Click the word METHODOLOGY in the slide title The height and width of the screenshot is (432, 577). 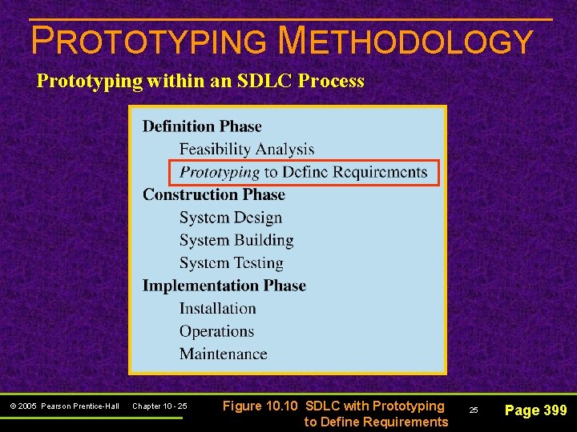coord(405,41)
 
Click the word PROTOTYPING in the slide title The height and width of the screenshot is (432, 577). coord(148,41)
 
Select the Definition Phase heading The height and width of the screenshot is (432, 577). coord(202,126)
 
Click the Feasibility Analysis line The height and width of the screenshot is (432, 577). coord(246,150)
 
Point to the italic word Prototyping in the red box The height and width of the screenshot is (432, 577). coord(220,172)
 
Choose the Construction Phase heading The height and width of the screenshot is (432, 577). coord(213,194)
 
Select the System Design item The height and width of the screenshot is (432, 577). coord(231,218)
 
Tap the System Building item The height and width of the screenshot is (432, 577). coord(236,240)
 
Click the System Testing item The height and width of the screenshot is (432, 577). coord(232,263)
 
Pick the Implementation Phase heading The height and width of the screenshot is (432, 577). coord(224,286)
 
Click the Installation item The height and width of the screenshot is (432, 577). coord(217,309)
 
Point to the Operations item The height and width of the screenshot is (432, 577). coord(216,331)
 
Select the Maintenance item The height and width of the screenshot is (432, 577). coord(223,354)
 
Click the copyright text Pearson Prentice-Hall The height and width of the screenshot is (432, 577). coord(80,406)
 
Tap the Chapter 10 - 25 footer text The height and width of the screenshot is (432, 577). coord(159,406)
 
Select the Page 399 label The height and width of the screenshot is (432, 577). coord(535,410)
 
